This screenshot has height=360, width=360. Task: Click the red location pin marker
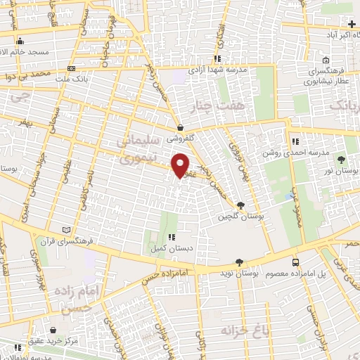click(181, 165)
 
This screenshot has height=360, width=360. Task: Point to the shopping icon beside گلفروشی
click(181, 129)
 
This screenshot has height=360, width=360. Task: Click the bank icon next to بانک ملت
click(71, 69)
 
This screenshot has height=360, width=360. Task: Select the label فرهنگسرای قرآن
click(98, 240)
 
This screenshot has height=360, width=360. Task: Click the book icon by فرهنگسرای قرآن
click(67, 230)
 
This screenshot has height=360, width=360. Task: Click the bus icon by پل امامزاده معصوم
click(295, 262)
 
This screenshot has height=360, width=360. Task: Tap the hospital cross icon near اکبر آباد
click(351, 24)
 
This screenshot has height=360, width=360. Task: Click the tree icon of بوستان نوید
click(239, 261)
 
